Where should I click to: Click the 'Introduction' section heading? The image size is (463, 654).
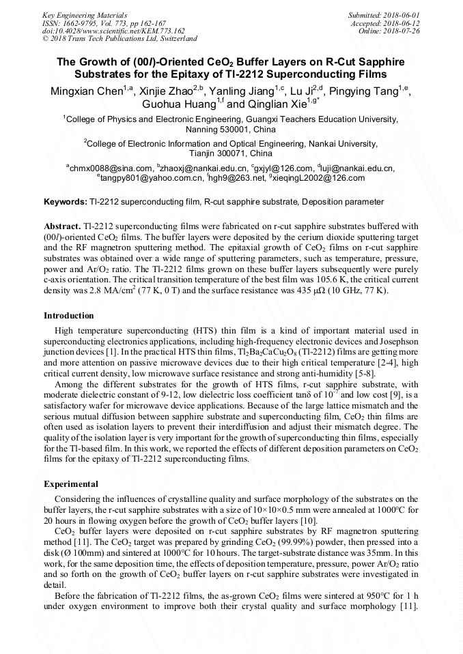click(69, 316)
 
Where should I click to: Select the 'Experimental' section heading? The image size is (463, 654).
click(70, 484)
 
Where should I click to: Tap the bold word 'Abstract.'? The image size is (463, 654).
click(62, 226)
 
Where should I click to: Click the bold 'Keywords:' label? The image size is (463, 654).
click(66, 202)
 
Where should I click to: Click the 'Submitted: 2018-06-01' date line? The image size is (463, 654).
click(384, 14)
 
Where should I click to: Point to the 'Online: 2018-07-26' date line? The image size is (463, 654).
click(389, 31)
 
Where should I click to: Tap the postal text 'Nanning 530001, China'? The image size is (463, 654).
click(231, 129)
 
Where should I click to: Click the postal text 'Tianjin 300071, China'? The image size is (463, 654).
click(231, 153)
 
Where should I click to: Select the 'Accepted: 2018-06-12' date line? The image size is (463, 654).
click(386, 23)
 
